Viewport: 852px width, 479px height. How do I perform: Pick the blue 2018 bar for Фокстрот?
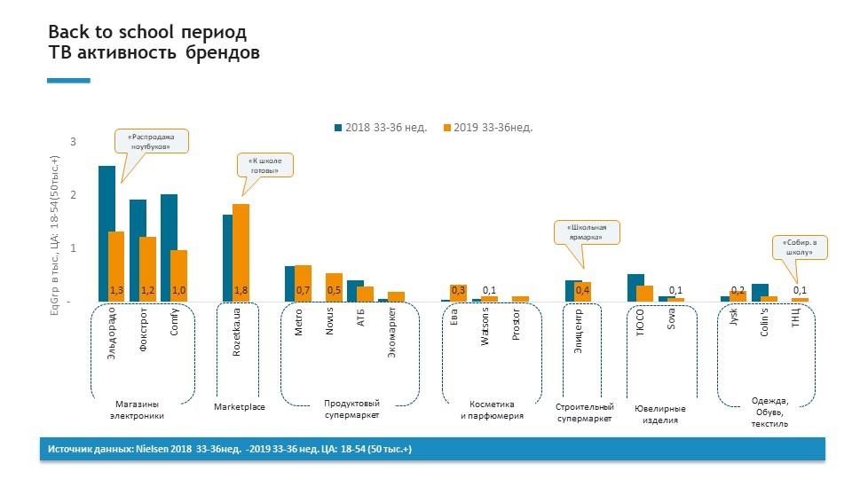click(x=138, y=248)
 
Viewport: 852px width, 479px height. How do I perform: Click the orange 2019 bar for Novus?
click(x=334, y=286)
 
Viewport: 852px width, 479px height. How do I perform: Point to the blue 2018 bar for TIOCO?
click(x=635, y=287)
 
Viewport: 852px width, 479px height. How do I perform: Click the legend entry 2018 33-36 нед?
click(x=380, y=128)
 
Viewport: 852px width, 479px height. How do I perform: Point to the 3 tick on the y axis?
click(x=74, y=142)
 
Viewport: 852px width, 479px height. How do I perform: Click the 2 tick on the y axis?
click(x=74, y=195)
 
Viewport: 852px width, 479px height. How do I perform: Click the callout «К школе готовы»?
click(x=264, y=165)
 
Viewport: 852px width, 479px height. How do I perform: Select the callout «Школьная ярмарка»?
click(x=586, y=232)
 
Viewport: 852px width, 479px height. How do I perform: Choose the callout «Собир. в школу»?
click(x=799, y=247)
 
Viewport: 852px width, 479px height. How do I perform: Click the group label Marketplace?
click(x=240, y=407)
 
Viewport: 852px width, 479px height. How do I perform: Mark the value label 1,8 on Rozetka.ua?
click(x=241, y=290)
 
